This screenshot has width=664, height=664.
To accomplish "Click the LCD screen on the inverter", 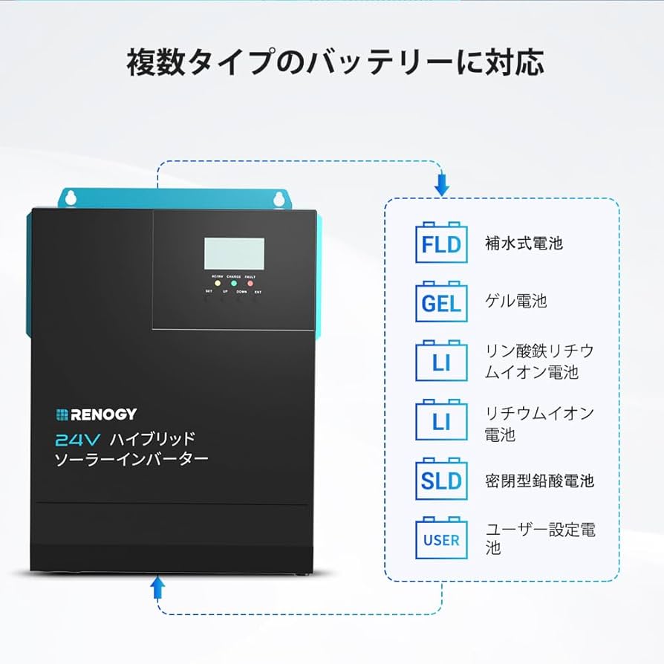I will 234,254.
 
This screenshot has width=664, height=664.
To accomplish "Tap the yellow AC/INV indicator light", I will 218,283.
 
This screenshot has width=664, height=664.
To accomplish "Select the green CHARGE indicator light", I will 233,283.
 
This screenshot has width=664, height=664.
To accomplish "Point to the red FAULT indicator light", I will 250,283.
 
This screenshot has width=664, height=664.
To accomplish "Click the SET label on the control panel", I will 209,292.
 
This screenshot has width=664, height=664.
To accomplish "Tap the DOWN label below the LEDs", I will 241,292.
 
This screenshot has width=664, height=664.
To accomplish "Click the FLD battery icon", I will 441,243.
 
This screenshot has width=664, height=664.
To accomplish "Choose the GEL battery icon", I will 441,302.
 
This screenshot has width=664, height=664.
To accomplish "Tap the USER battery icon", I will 441,538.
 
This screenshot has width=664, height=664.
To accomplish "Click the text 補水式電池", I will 524,243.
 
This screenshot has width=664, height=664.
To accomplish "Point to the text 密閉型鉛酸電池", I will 540,480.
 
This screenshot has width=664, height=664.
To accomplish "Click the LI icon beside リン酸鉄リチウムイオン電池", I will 441,361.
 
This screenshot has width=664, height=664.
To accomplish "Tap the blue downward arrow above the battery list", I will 442,183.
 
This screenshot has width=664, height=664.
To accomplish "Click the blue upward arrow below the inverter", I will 157,588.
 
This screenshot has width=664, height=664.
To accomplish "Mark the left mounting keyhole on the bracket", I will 72,198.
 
